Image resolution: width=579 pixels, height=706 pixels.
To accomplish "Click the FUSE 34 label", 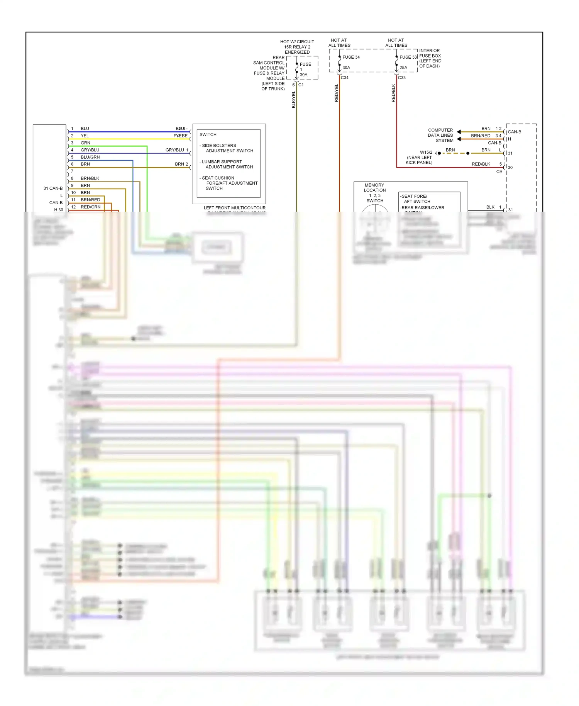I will [x=351, y=57].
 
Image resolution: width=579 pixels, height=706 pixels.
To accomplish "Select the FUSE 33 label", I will [x=408, y=57].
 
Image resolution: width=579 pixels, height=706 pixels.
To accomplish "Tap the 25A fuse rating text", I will [x=403, y=68].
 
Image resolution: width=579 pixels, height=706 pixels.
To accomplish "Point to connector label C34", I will [x=345, y=78].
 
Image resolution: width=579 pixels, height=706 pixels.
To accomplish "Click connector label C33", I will [x=402, y=78].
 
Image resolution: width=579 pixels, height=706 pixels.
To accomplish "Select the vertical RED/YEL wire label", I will [x=336, y=93].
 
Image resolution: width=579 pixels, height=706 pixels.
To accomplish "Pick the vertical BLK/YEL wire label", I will [x=293, y=99].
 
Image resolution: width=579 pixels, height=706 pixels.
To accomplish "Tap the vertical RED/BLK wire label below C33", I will [x=393, y=93].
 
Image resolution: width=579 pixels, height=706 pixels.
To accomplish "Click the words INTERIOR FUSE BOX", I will [x=430, y=53].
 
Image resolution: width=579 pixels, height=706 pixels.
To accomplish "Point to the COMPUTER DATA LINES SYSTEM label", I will [x=440, y=135].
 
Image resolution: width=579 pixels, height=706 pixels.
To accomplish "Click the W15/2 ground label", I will [x=426, y=152].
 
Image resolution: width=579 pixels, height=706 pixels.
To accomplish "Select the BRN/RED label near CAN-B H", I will [x=481, y=136].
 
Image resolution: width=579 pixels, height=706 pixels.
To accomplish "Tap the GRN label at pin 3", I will [x=85, y=143].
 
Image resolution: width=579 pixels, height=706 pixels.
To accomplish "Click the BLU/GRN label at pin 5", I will [x=90, y=157].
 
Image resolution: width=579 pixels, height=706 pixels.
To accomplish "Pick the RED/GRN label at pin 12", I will [x=90, y=207].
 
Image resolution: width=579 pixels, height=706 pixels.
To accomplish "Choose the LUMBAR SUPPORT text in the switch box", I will [x=222, y=162].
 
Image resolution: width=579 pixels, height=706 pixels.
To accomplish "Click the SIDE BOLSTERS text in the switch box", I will [x=219, y=146].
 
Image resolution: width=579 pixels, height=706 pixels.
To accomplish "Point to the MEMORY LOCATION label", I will [x=374, y=188].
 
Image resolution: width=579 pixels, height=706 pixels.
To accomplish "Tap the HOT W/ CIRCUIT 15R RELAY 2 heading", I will [x=297, y=44].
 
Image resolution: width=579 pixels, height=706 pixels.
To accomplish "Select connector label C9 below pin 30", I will [x=499, y=171].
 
